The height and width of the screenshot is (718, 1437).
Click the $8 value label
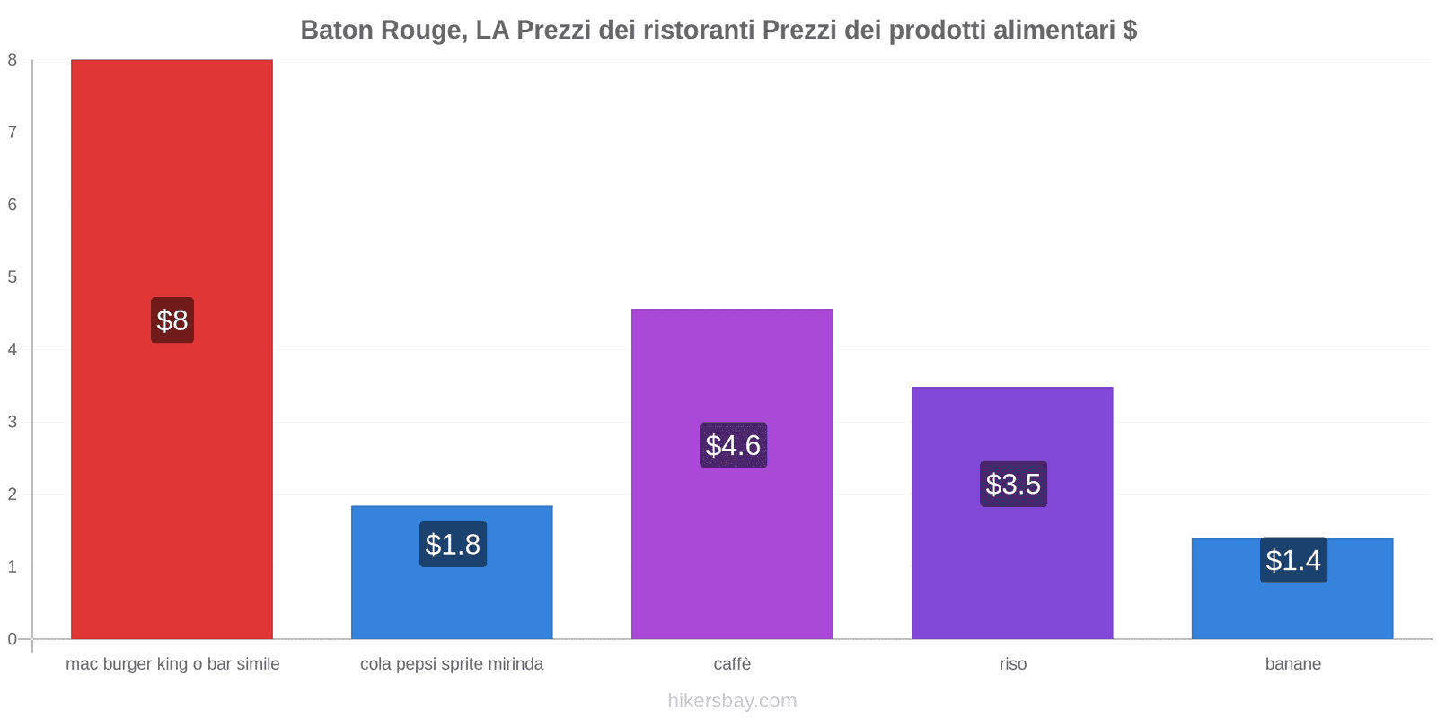(172, 320)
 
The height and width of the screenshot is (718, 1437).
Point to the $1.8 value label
(453, 544)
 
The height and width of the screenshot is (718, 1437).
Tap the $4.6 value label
(733, 445)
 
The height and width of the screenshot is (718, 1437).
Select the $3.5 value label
(1013, 484)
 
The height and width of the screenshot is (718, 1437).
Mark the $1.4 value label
(1293, 560)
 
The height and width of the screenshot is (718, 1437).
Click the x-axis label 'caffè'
(732, 664)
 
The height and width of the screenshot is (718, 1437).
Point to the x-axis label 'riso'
(1012, 664)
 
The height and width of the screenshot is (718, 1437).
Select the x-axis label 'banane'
(1292, 664)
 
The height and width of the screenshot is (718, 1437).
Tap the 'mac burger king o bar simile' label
(172, 664)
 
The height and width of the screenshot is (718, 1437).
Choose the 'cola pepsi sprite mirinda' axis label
(452, 664)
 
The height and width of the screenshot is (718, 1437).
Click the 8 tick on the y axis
(13, 60)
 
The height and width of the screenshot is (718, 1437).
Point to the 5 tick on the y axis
(13, 277)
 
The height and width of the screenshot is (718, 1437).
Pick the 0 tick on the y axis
(13, 639)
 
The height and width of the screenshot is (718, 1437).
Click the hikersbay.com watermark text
(732, 701)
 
